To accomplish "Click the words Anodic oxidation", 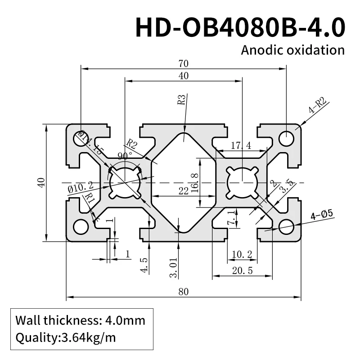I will tap(292, 49).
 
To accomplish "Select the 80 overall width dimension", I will tap(183, 291).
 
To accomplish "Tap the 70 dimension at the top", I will tap(183, 63).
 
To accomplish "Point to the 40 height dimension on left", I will tap(41, 182).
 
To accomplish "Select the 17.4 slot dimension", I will tap(241, 146).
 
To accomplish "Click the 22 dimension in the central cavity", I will tap(183, 191).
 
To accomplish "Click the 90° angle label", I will tap(125, 156).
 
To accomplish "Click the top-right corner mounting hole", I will tap(286, 137).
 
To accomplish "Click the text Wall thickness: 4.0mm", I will tap(81, 321).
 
